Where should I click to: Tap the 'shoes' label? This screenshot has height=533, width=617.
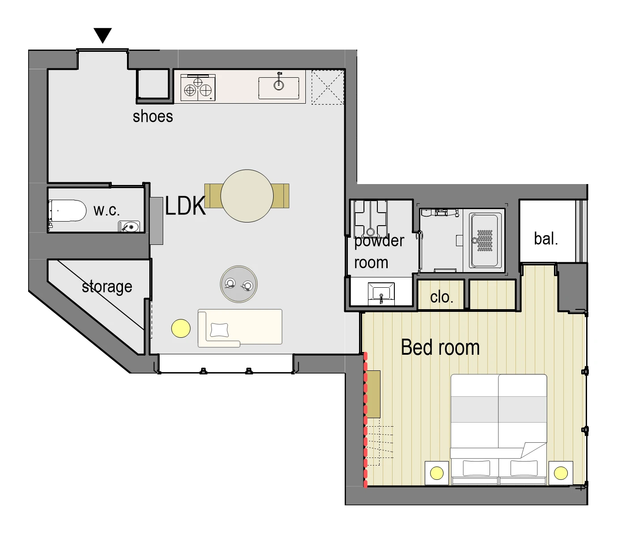(153, 116)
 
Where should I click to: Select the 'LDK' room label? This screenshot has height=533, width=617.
(185, 206)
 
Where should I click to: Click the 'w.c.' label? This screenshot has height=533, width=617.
(106, 210)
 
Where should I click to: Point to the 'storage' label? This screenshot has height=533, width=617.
(107, 287)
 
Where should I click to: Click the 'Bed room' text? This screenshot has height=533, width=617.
(440, 348)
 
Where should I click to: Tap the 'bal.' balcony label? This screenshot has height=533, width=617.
(546, 239)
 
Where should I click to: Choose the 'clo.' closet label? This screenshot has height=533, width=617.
(442, 297)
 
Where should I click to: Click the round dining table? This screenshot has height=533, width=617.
(247, 196)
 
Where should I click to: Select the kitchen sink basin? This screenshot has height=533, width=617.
(279, 88)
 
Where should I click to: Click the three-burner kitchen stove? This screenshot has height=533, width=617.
(198, 88)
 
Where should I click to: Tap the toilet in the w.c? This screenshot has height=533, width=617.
(67, 210)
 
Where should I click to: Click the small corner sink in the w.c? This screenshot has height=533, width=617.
(129, 227)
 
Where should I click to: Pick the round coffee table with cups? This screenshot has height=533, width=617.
(238, 284)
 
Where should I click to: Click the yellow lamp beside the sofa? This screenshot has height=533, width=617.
(181, 328)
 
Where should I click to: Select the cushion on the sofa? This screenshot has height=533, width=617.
(220, 330)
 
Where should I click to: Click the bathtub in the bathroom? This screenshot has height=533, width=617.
(485, 240)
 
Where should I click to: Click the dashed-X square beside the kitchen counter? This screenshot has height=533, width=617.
(328, 87)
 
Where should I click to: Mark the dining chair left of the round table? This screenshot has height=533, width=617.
(213, 196)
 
